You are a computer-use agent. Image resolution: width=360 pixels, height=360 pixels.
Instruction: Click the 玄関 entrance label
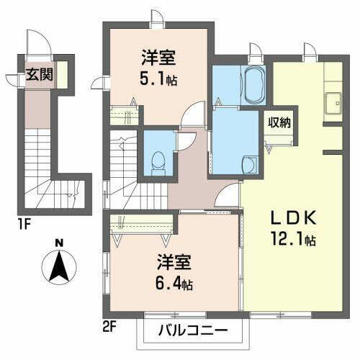[39, 73]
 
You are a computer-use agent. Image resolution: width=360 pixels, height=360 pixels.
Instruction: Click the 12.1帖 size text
[292, 240]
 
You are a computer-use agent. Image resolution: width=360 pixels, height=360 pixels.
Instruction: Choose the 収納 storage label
[280, 122]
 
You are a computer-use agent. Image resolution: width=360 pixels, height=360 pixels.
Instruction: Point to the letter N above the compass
[60, 243]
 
